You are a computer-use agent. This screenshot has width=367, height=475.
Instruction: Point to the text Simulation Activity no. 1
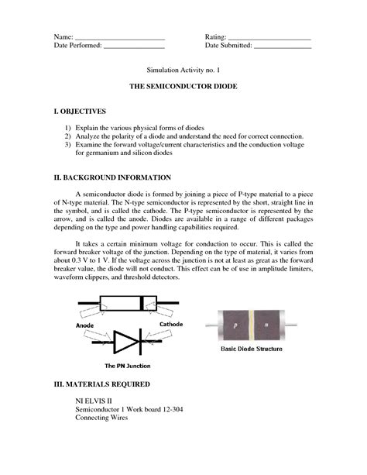coord(183,70)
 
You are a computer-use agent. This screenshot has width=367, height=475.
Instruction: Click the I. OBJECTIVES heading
coord(85,112)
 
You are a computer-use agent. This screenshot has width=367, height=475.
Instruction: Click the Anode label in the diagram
coord(86,325)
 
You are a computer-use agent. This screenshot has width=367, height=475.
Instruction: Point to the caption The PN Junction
coord(128,365)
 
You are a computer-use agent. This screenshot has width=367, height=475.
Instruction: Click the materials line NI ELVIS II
coord(95,401)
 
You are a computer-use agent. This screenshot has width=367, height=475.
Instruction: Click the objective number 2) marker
coord(68,136)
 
